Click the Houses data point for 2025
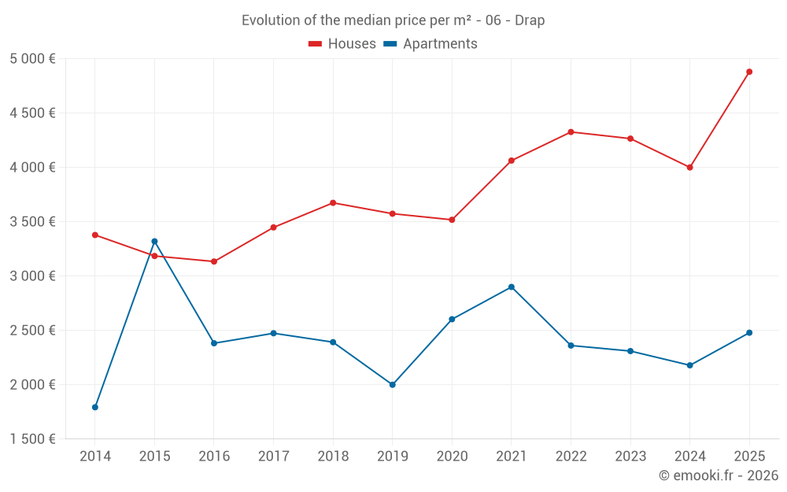pyautogui.click(x=749, y=72)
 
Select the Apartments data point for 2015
pyautogui.click(x=154, y=241)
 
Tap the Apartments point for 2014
pyautogui.click(x=95, y=407)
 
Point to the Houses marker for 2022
pyautogui.click(x=571, y=131)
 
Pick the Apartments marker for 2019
pyautogui.click(x=393, y=385)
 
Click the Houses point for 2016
pyautogui.click(x=214, y=261)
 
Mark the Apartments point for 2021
pyautogui.click(x=512, y=287)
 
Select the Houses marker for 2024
pyautogui.click(x=689, y=167)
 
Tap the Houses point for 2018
pyautogui.click(x=333, y=202)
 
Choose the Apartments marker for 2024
pyautogui.click(x=689, y=365)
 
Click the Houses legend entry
pyautogui.click(x=342, y=44)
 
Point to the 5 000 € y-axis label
pyautogui.click(x=33, y=59)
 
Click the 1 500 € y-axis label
pyautogui.click(x=33, y=439)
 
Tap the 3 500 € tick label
pyautogui.click(x=33, y=222)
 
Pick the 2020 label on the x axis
pyautogui.click(x=452, y=457)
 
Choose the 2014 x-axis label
pyautogui.click(x=95, y=457)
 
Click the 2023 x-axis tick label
pyautogui.click(x=630, y=457)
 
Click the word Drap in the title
pyautogui.click(x=530, y=20)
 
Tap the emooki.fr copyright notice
pyautogui.click(x=719, y=475)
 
